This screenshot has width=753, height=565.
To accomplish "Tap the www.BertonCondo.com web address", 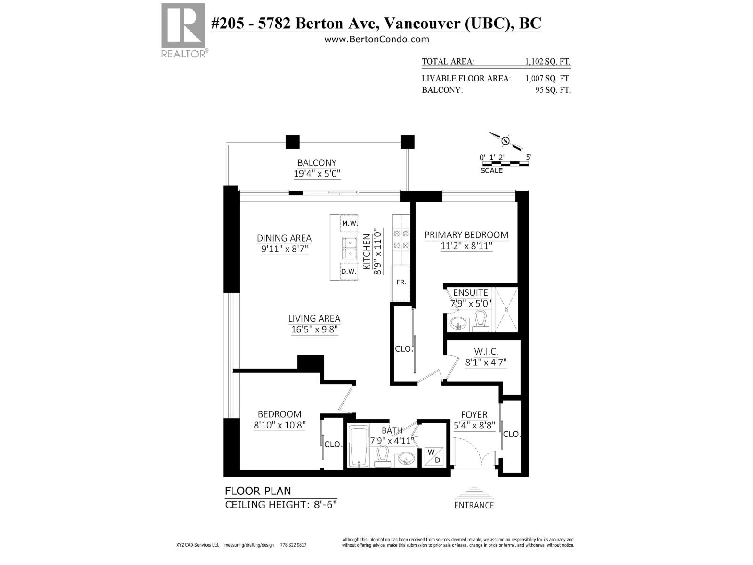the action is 376,40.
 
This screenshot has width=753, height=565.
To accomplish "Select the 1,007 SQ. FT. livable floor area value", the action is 547,78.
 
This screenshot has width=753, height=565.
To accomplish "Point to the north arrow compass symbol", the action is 505,141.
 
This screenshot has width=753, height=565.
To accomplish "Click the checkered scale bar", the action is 504,164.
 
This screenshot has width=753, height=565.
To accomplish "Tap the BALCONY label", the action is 317,162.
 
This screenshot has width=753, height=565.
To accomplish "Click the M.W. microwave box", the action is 349,223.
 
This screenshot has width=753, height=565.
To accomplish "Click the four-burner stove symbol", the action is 401,240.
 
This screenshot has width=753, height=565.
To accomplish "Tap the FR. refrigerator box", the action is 401,283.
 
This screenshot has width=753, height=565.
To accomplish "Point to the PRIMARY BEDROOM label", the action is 466,235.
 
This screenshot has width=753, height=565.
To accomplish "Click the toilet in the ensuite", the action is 481,321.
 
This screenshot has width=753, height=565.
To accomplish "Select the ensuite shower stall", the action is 506,309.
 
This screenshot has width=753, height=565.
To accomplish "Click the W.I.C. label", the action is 486,351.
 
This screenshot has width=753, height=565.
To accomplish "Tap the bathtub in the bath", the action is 359,445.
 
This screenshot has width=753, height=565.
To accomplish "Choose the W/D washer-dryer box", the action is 434,457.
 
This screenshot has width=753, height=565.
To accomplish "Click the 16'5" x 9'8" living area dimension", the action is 314,330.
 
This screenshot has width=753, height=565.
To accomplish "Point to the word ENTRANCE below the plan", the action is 474,505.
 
